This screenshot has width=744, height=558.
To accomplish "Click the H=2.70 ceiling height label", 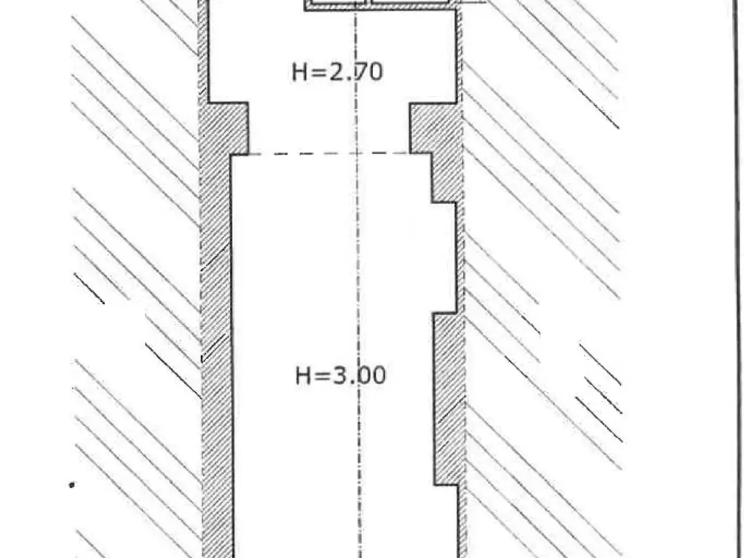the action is pos(337,72).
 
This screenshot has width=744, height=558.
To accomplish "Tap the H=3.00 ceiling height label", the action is pos(341,375).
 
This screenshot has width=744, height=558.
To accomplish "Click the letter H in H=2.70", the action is pos(299,73).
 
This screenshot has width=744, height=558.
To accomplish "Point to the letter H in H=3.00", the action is pos(303,375).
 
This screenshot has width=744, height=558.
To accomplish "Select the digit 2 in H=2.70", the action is pos(336,72).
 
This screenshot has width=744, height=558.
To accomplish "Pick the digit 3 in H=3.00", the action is pos(340,375).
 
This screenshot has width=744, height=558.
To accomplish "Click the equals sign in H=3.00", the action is pos(321,375).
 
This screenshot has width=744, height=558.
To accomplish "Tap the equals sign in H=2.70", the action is pos(318,73).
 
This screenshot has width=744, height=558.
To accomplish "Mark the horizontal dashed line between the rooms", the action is pos(329,154).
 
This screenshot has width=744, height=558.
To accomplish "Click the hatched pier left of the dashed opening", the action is pos(224,128).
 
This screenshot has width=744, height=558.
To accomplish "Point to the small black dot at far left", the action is pos(71,485).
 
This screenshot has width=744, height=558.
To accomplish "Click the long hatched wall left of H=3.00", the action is pos(217,356).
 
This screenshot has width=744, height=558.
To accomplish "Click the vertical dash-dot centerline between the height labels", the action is pos(357,224).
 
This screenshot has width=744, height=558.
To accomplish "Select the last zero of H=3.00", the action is pos(379,375).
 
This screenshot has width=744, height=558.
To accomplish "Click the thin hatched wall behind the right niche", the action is pos(460,257).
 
